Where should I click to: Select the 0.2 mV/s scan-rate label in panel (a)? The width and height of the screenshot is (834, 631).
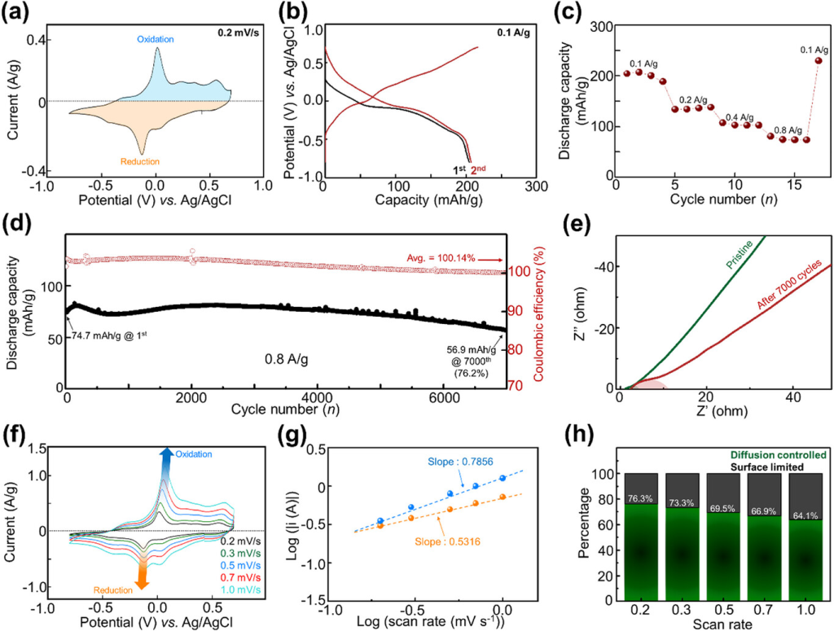(236, 34)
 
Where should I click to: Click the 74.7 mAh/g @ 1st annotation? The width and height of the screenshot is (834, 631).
(111, 333)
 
